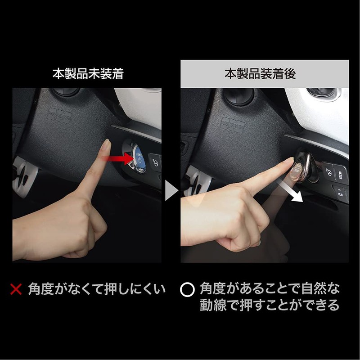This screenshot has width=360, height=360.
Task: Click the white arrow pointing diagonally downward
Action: [x=288, y=189]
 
